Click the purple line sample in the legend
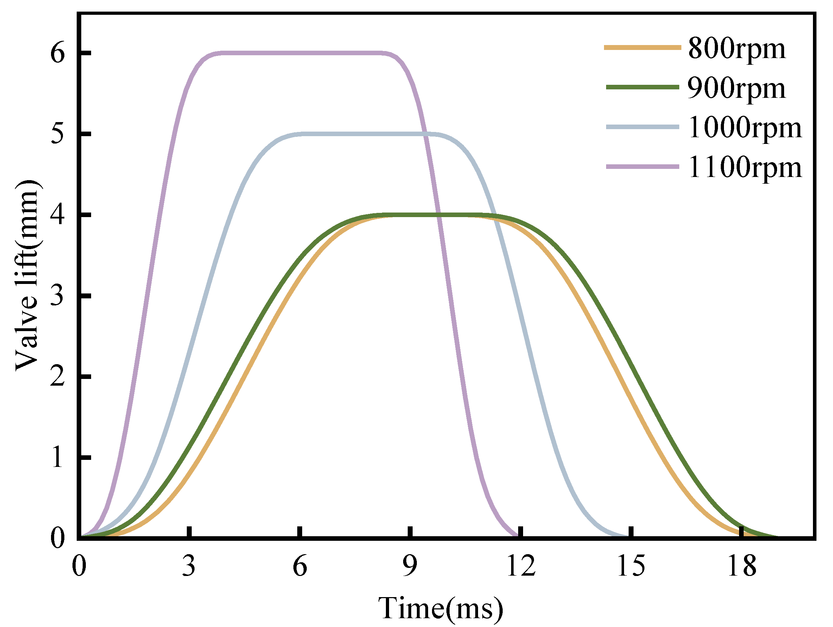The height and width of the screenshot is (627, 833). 642,166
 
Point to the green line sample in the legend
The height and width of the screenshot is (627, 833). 642,87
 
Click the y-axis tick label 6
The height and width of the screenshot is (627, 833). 58,53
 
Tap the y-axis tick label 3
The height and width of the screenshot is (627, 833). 58,296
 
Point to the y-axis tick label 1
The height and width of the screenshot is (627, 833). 58,458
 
